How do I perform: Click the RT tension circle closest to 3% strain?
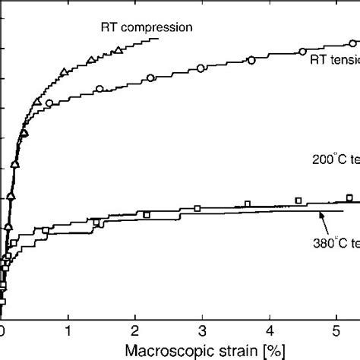click(201, 69)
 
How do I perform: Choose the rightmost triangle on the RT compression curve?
click(117, 51)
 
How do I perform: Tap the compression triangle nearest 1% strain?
click(64, 71)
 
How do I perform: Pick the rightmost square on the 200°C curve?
click(349, 198)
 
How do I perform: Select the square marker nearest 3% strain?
click(197, 208)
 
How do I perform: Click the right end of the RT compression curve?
click(158, 39)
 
